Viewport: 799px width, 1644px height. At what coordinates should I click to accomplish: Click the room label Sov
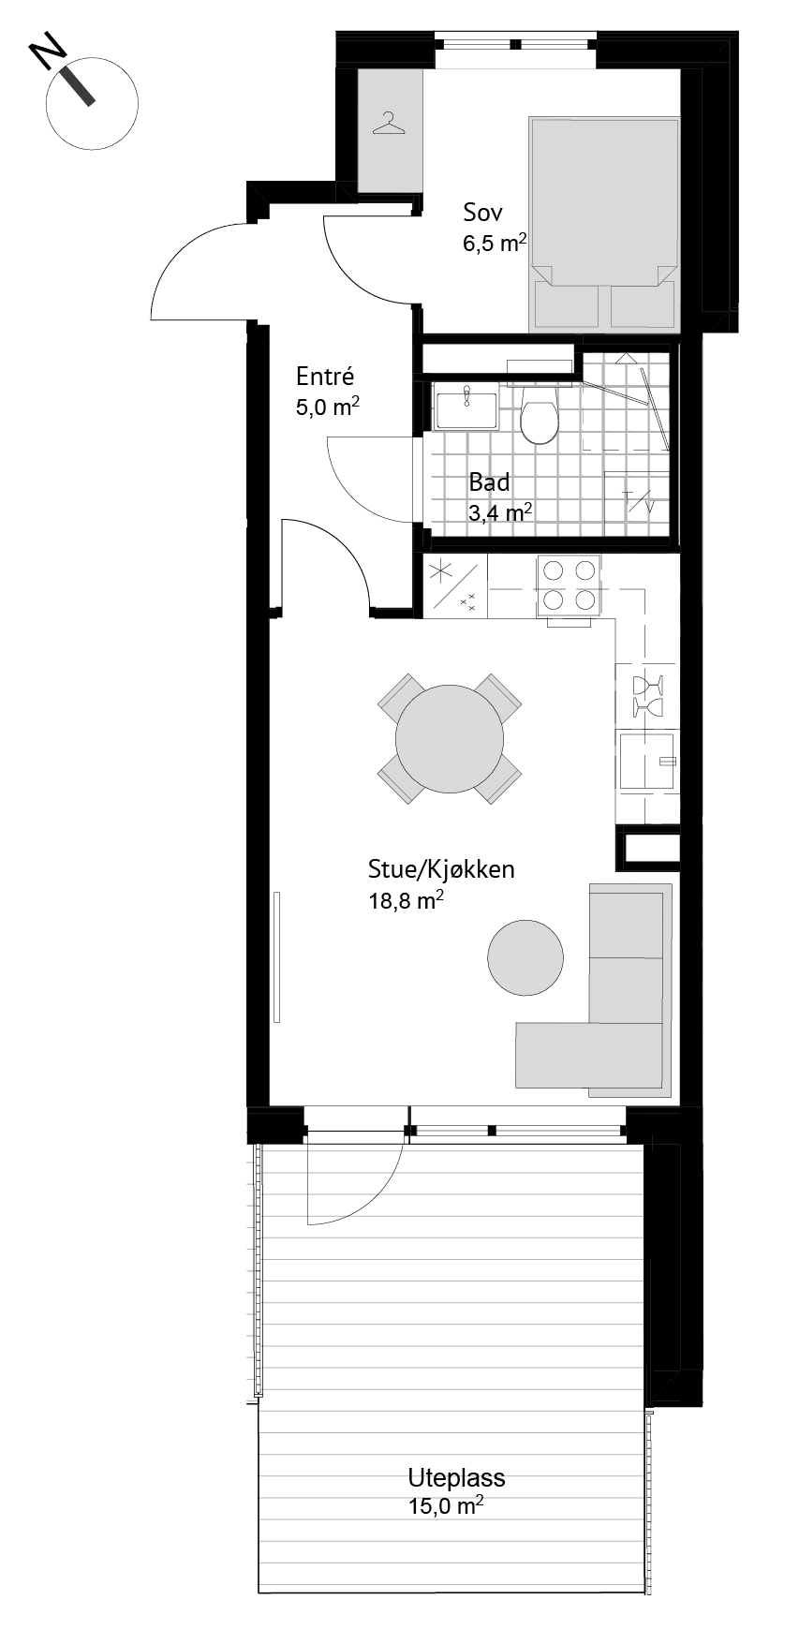click(x=482, y=212)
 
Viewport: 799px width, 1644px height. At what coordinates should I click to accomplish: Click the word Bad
click(x=490, y=482)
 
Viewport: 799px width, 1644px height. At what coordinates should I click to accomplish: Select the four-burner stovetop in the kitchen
click(x=566, y=585)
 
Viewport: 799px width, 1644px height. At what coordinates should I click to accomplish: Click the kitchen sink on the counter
click(x=647, y=761)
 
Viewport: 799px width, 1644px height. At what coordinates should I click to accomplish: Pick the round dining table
click(x=450, y=738)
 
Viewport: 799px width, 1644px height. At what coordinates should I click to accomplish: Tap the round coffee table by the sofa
click(x=525, y=957)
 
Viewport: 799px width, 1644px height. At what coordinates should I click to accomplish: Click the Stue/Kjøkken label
click(x=441, y=869)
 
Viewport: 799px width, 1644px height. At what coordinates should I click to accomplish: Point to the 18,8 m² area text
click(x=406, y=901)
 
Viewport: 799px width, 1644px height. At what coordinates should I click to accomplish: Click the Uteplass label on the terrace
click(x=456, y=1478)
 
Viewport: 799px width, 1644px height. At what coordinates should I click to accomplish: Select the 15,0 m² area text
click(x=445, y=1506)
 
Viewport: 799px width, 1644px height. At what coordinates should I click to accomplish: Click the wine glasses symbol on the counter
click(x=647, y=694)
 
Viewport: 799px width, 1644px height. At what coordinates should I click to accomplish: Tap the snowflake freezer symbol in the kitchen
click(x=440, y=571)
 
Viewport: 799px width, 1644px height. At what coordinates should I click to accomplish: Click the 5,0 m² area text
click(x=328, y=408)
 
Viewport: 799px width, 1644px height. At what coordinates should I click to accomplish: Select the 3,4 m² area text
click(x=501, y=512)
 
